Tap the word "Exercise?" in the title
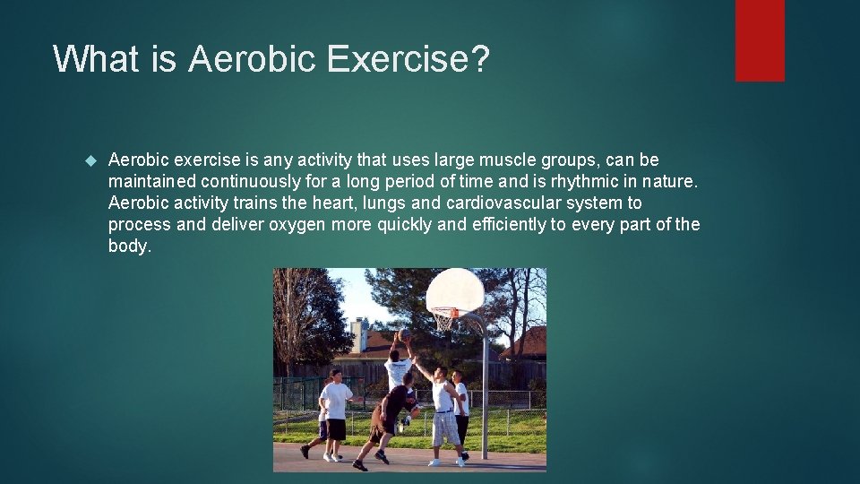point(408,59)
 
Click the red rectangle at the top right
point(760,40)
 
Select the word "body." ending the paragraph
point(130,246)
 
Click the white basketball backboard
point(454,290)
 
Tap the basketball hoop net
point(443,319)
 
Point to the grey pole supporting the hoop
point(486,394)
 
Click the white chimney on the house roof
point(359,336)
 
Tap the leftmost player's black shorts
point(336,429)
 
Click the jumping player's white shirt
point(397,369)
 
